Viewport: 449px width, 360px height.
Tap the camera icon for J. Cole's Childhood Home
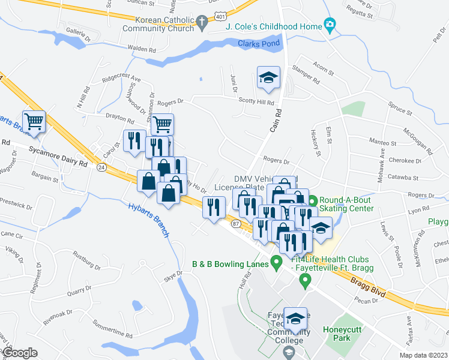(x=330, y=25)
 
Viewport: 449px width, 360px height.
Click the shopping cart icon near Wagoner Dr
(x=34, y=121)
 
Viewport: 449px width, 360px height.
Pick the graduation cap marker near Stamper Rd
(x=268, y=77)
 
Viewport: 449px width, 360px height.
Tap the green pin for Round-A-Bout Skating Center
(x=312, y=200)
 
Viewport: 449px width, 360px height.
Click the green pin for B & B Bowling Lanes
(x=276, y=263)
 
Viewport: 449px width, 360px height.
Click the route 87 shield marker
(x=235, y=223)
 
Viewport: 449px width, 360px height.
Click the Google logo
(x=19, y=353)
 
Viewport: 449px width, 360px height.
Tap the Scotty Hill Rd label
(x=256, y=102)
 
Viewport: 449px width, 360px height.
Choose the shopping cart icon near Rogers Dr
(x=162, y=124)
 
